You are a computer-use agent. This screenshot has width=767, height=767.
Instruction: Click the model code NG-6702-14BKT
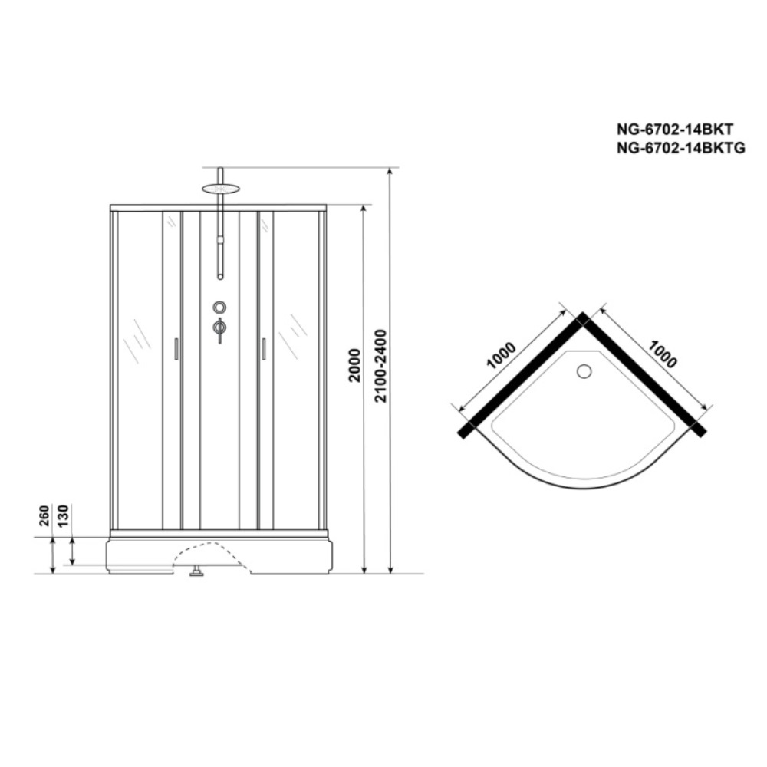tap(675, 130)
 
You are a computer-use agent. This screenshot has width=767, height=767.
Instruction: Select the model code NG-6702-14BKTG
tap(681, 148)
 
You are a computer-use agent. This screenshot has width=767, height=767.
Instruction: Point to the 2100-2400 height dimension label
tap(380, 366)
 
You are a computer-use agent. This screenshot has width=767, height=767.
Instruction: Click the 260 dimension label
tap(44, 516)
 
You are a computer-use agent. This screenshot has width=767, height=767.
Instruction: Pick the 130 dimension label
tap(64, 516)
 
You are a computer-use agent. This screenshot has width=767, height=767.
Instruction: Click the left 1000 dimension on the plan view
tap(501, 355)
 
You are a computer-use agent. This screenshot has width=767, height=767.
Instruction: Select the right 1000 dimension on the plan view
tap(663, 354)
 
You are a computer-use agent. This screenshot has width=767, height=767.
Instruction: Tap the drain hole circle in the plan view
tap(584, 371)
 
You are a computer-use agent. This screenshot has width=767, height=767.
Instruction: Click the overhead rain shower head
tap(220, 188)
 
